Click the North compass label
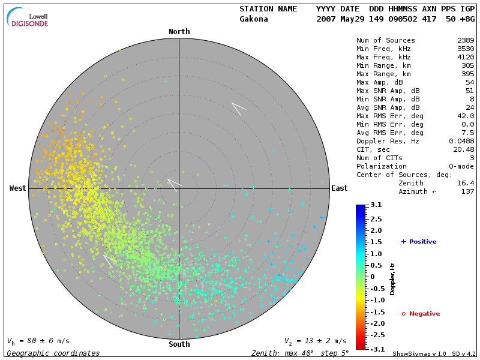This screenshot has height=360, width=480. (x=179, y=32)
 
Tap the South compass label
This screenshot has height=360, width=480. (x=179, y=344)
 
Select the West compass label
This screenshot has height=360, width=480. (x=18, y=188)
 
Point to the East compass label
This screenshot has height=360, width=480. (x=340, y=188)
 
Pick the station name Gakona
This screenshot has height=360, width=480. (x=254, y=19)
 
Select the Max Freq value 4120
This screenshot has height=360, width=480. (x=466, y=57)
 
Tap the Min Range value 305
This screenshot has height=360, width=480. (x=467, y=65)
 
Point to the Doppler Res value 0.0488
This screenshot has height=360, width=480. (x=461, y=141)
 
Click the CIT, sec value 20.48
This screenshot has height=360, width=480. (x=464, y=149)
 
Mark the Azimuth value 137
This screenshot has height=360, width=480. (x=467, y=191)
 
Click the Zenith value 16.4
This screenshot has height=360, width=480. (x=466, y=183)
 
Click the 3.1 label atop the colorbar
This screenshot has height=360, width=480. (x=376, y=205)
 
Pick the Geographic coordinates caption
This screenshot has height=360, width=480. (x=53, y=353)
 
